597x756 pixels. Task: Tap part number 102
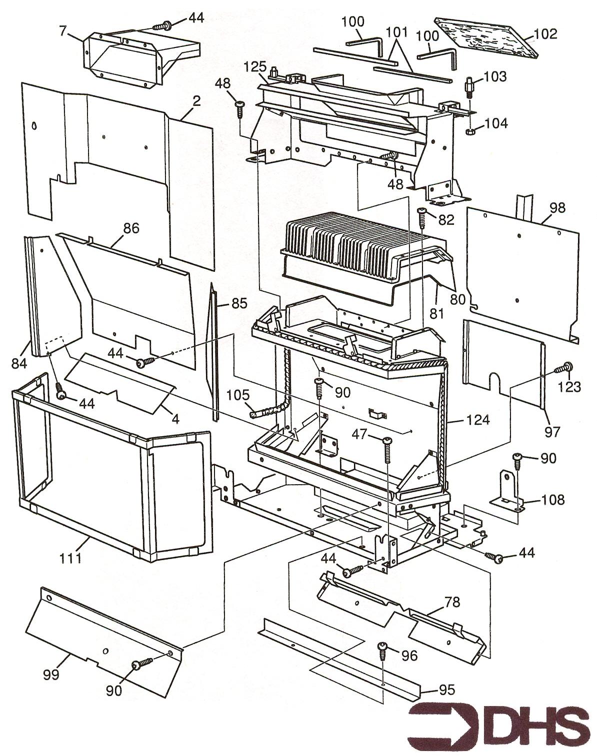(545, 34)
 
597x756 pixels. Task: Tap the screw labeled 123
(567, 368)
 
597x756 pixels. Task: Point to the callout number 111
(70, 558)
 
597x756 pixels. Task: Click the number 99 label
(51, 675)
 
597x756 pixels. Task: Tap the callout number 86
(131, 228)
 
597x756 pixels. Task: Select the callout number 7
(62, 31)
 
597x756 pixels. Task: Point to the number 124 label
(478, 420)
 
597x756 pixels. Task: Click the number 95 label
(446, 690)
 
